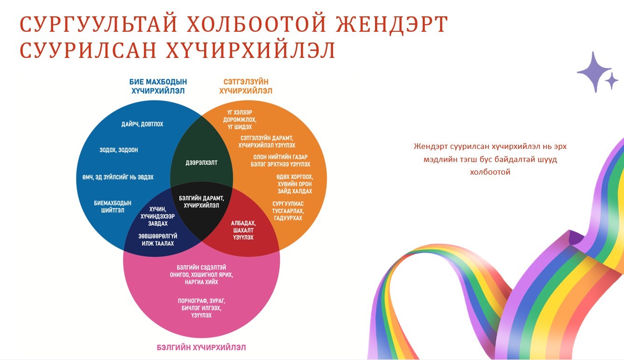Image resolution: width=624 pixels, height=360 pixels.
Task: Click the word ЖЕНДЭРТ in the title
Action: click(x=392, y=24)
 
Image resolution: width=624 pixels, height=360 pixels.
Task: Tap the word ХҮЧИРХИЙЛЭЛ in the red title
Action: click(x=250, y=50)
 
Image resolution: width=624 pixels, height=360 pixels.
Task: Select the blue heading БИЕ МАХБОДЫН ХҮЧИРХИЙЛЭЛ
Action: click(x=158, y=86)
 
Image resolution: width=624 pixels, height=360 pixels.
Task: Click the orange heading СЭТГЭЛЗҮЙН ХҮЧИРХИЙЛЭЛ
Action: click(x=246, y=86)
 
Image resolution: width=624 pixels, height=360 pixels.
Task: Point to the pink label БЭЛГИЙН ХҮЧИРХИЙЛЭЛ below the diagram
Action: click(x=201, y=347)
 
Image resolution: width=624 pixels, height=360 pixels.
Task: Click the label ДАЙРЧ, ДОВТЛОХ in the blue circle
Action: click(x=142, y=124)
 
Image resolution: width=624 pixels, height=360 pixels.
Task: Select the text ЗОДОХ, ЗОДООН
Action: click(x=119, y=150)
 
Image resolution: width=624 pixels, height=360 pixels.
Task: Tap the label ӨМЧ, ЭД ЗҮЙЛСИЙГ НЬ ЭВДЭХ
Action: click(x=118, y=177)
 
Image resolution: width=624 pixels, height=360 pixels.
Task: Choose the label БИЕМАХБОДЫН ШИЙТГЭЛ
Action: click(x=113, y=206)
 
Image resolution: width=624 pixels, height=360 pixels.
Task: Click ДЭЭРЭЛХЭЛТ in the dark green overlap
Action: click(x=201, y=163)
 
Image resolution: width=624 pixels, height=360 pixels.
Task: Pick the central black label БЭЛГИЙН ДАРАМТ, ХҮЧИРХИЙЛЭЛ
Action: click(x=201, y=202)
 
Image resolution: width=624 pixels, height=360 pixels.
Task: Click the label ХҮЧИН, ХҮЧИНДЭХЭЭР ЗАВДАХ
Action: click(x=158, y=216)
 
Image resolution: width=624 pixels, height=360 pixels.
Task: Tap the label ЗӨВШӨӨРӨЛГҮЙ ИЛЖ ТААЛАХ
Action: click(x=158, y=240)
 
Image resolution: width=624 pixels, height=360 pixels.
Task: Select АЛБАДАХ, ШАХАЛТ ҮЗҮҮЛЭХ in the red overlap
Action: click(x=243, y=230)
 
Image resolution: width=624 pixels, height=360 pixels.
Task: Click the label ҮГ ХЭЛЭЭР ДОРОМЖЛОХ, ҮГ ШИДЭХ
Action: click(x=240, y=120)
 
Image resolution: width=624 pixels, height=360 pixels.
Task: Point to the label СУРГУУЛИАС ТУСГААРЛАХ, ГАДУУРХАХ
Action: click(x=288, y=211)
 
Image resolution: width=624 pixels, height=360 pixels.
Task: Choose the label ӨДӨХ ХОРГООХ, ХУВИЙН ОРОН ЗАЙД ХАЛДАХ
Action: click(x=295, y=184)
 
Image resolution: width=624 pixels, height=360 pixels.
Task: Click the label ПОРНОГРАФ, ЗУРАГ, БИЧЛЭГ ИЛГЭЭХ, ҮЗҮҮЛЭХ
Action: click(x=201, y=308)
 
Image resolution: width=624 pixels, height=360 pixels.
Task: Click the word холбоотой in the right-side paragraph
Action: click(x=490, y=172)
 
